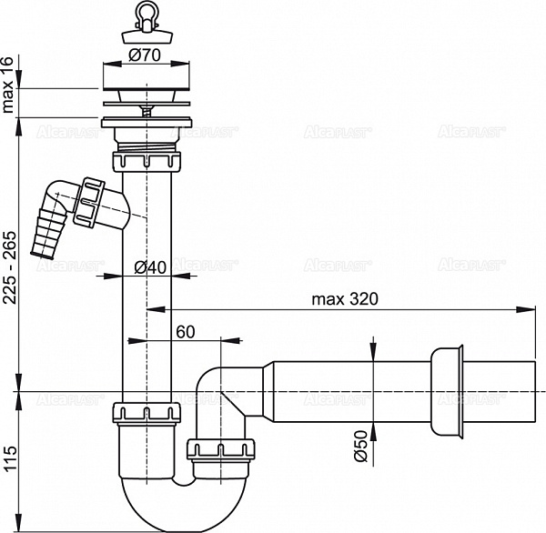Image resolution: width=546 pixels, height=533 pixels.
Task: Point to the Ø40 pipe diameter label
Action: pyautogui.click(x=149, y=266)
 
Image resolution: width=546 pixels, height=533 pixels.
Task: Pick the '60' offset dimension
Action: pyautogui.click(x=186, y=332)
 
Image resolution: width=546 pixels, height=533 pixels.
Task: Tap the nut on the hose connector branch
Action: pyautogui.click(x=93, y=201)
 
